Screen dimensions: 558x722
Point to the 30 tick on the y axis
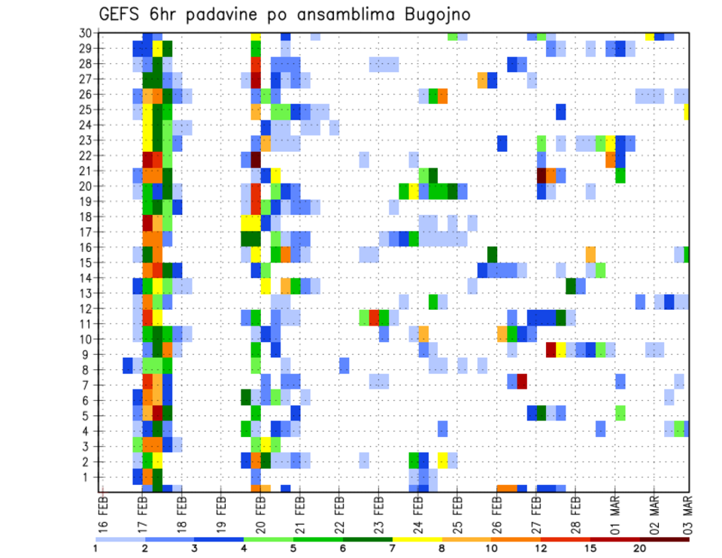[x=86, y=32]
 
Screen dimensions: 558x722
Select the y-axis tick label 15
[x=86, y=262]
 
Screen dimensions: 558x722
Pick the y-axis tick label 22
[x=86, y=155]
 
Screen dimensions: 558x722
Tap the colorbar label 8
[x=441, y=548]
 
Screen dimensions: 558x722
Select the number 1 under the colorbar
[x=96, y=548]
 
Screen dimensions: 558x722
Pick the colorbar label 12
[x=541, y=548]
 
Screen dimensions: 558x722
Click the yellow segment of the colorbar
[x=417, y=539]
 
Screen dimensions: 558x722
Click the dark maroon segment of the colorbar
[x=664, y=539]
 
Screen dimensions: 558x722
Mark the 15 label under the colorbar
[x=590, y=548]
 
